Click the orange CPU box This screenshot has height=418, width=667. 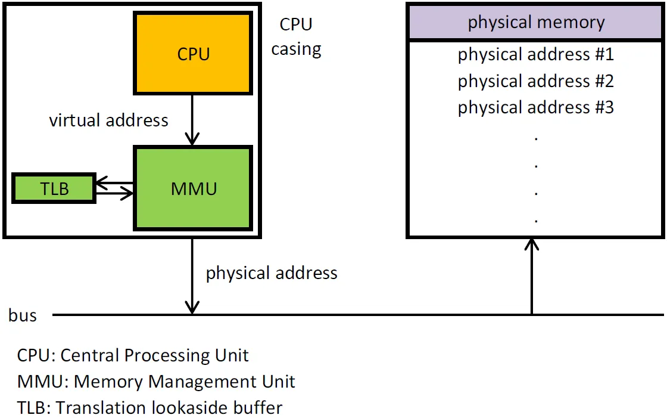tap(194, 54)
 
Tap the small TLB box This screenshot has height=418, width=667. tap(54, 189)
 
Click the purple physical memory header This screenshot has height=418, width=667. tap(536, 23)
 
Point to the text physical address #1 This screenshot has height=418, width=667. tap(536, 55)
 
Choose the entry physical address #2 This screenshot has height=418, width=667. tap(536, 81)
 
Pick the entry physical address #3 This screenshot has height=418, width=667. tap(536, 107)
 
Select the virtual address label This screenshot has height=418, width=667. tap(108, 120)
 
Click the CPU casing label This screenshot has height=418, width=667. tap(296, 36)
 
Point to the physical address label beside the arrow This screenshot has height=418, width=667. tap(272, 273)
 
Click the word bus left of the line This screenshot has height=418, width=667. tap(23, 315)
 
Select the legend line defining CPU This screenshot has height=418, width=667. tap(133, 355)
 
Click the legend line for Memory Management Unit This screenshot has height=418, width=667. tap(156, 382)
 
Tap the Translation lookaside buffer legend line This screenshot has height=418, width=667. tap(149, 408)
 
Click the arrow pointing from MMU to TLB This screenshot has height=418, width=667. tap(114, 183)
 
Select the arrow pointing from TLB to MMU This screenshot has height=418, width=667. tap(114, 193)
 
